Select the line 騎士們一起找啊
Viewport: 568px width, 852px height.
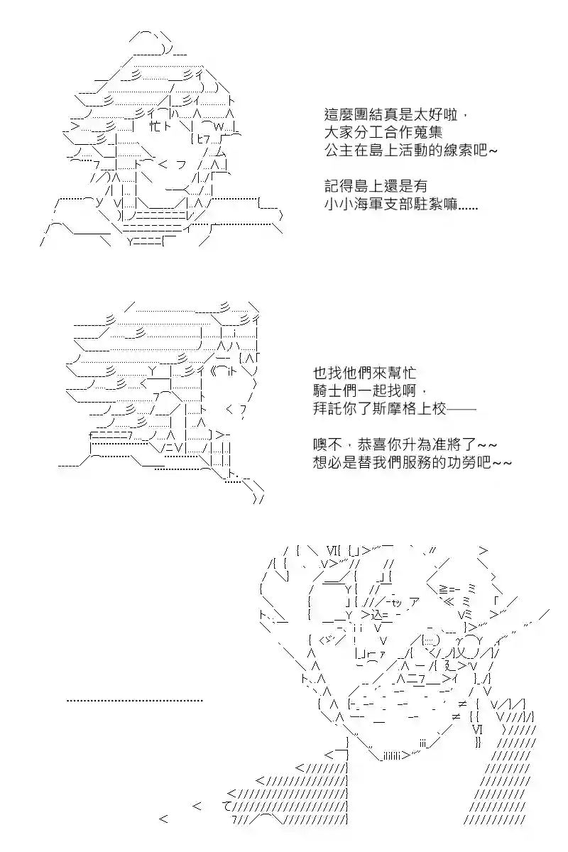(369, 390)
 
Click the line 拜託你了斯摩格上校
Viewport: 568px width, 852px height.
(395, 409)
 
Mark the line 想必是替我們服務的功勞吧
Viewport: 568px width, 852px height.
(412, 462)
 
